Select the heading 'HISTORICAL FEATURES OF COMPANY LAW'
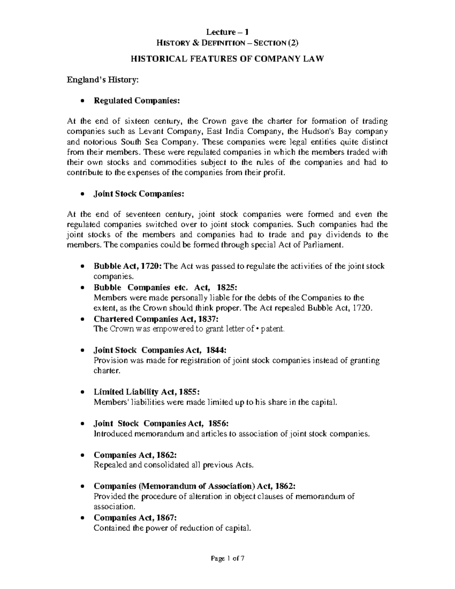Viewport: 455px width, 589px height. coord(227,59)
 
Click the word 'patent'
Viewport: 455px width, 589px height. coord(272,329)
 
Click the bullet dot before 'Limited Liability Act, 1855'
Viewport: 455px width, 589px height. coord(82,392)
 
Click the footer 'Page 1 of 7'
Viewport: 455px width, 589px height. coord(227,569)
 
